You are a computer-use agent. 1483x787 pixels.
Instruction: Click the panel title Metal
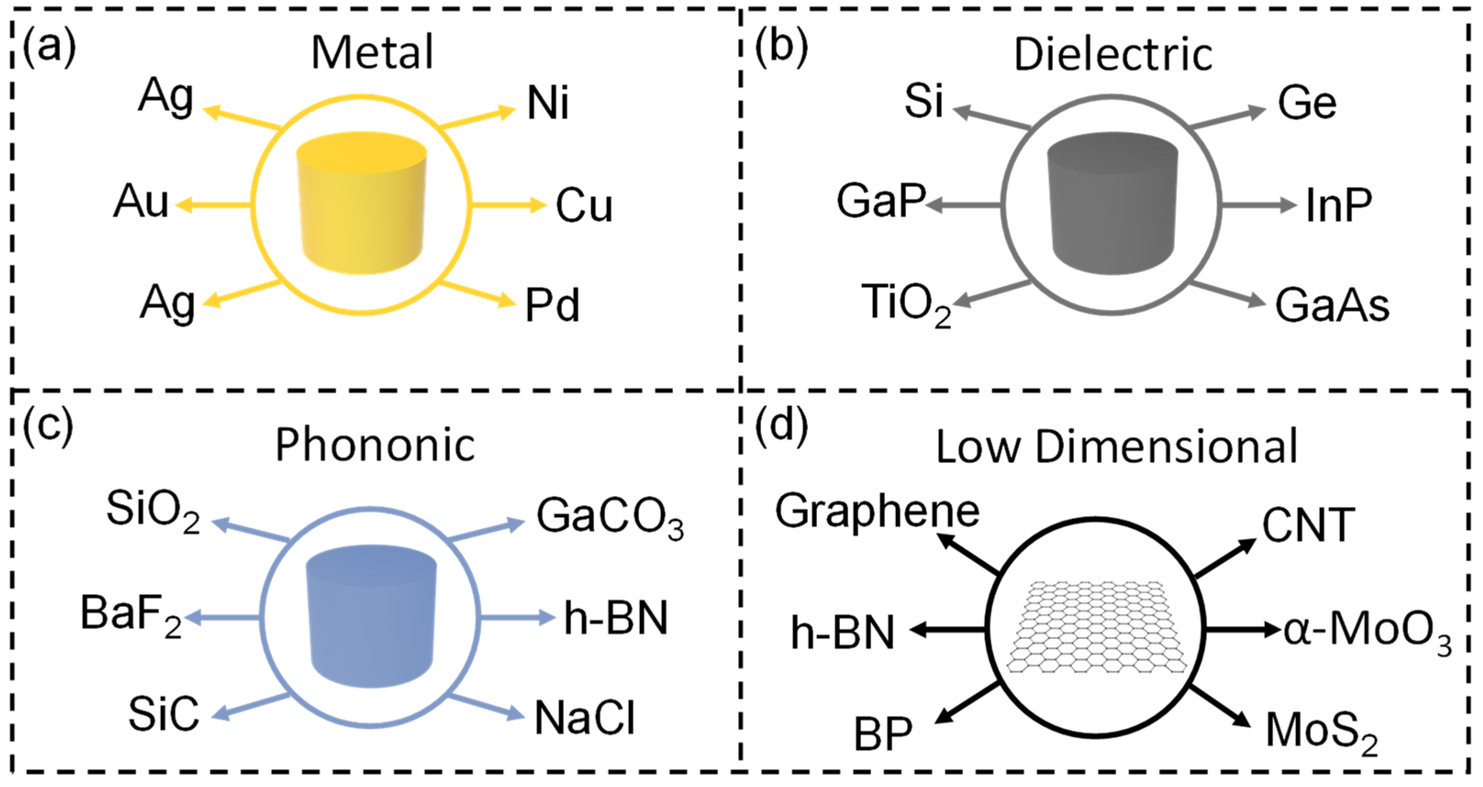click(x=372, y=52)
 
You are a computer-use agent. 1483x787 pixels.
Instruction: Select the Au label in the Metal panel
click(x=141, y=202)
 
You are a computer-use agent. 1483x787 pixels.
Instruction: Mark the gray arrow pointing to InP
click(x=1257, y=204)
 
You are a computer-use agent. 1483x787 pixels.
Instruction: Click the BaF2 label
click(x=131, y=614)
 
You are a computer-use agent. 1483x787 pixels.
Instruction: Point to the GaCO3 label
click(x=610, y=518)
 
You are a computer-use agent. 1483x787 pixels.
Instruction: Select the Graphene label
click(x=876, y=511)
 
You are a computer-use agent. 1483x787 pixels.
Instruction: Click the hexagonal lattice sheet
click(x=1097, y=627)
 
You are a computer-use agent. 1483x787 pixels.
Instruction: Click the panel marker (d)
click(x=781, y=427)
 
